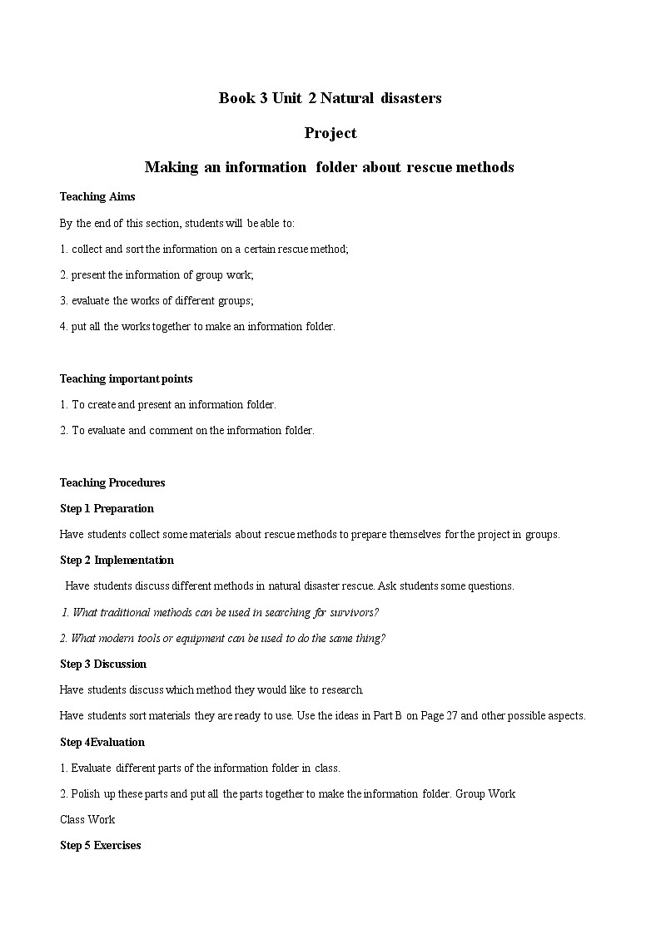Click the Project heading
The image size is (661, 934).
pos(330,133)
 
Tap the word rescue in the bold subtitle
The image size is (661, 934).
pos(429,167)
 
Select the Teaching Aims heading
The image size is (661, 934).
pos(97,197)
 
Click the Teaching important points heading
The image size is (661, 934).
pos(126,378)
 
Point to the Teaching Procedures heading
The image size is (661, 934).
pos(112,482)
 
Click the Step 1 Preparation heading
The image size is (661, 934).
pos(107,508)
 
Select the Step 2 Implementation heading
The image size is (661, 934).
pos(117,560)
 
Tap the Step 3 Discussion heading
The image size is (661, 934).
pos(103,664)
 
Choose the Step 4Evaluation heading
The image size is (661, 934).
pos(102,742)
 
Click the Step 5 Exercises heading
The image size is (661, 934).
pos(101,845)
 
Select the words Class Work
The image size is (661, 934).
pos(87,819)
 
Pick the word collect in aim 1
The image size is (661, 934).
pos(89,249)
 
